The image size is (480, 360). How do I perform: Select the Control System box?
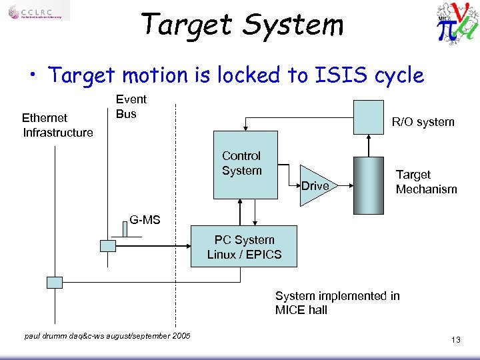(245, 165)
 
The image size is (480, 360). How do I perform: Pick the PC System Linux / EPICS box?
(244, 247)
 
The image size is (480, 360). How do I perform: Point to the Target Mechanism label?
(426, 182)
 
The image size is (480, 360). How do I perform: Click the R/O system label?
(423, 122)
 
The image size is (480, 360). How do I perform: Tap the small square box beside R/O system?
(369, 117)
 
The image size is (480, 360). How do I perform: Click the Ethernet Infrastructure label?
(57, 125)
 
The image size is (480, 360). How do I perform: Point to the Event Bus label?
(131, 107)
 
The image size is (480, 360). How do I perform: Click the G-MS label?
(145, 219)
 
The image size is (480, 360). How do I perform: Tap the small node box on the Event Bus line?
(107, 245)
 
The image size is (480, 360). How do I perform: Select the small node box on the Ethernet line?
(55, 282)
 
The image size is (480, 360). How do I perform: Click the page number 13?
(455, 340)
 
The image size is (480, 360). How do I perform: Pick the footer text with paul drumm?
(107, 335)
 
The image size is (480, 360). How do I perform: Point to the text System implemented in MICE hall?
(337, 303)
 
